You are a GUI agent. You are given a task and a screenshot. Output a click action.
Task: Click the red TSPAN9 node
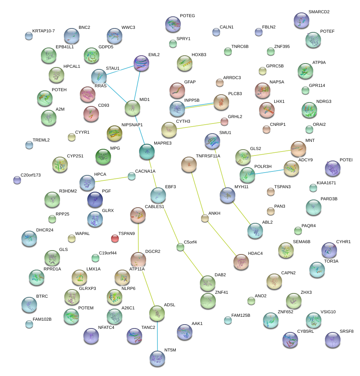coord(115,238)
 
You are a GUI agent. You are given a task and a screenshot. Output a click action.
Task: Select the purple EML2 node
coord(141,63)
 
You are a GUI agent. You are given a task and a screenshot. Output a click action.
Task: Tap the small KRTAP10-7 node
coord(29,36)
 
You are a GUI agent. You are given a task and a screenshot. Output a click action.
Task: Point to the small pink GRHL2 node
coord(224,122)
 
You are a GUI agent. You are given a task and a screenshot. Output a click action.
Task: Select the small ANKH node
coord(205,218)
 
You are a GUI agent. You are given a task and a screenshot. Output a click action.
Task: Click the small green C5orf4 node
coord(180,247)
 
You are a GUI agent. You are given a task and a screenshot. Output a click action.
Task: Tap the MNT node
coord(298,148)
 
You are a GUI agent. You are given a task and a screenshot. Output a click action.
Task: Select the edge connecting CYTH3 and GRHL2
coord(197,125)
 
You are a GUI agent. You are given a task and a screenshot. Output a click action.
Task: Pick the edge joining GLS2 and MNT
coord(271,153)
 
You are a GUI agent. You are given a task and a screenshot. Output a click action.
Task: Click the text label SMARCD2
coord(319,12)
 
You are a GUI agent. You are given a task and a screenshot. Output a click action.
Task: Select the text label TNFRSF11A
coord(208,156)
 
